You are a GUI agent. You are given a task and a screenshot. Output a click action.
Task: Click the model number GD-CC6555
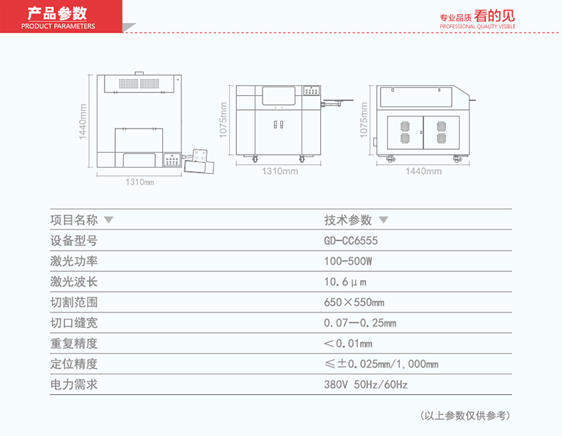[351, 240]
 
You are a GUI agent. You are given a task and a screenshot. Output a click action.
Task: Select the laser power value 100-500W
[348, 261]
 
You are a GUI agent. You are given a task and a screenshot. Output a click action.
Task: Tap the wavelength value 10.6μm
[345, 282]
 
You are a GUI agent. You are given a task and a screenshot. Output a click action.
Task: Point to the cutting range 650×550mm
[354, 303]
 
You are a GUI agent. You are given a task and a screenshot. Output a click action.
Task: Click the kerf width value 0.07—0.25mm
[360, 323]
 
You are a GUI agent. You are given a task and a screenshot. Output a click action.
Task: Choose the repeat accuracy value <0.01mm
[348, 344]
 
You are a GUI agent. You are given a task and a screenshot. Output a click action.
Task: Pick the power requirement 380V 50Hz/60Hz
[366, 385]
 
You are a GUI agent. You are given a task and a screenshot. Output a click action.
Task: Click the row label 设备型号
[74, 241]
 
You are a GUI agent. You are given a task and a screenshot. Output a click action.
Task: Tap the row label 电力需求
[74, 385]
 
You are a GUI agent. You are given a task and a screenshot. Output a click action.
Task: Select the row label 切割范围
[74, 303]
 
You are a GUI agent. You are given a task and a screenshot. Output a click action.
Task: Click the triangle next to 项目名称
[109, 219]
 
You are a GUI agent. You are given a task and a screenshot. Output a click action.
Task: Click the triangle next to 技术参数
[383, 219]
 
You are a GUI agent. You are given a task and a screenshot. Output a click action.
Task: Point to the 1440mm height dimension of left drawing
[83, 121]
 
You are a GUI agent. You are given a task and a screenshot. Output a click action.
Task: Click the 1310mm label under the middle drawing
[280, 171]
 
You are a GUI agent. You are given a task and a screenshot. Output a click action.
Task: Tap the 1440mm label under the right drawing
[424, 171]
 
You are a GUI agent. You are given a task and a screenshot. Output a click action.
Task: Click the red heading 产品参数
[58, 13]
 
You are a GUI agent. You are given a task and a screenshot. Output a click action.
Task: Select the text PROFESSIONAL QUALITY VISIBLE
[477, 26]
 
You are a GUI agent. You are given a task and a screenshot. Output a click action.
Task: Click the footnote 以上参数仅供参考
[465, 415]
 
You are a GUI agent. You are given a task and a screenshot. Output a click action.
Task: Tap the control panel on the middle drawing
[311, 90]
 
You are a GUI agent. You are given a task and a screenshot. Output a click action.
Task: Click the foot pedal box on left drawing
[199, 162]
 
